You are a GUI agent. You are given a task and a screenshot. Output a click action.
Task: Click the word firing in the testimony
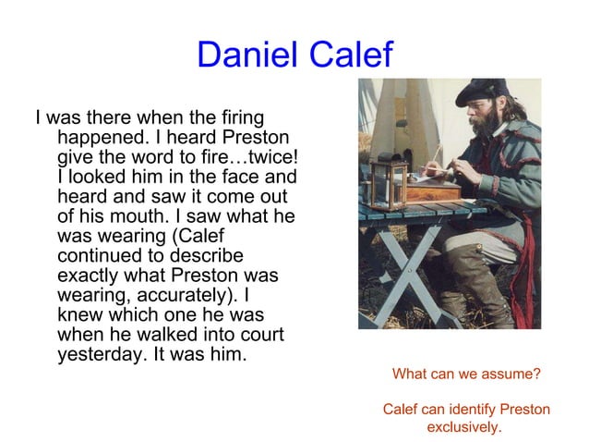pos(238,118)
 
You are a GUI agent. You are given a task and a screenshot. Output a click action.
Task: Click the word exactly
pos(88,276)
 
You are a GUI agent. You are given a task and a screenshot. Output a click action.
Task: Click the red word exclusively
pos(464,427)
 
